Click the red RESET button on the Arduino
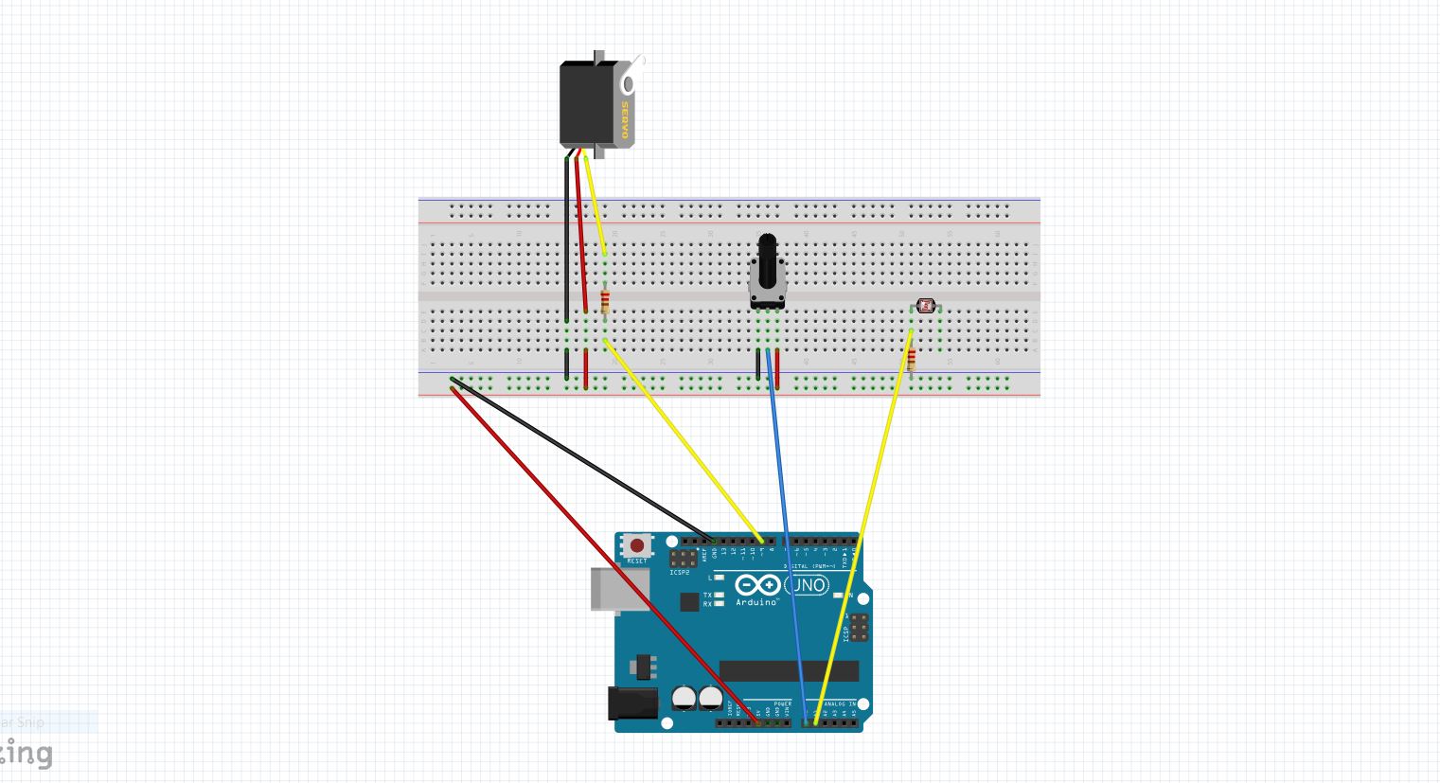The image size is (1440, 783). click(637, 546)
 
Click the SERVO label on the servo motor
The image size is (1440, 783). click(625, 121)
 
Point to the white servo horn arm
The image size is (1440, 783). click(633, 76)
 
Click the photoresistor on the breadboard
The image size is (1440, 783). click(925, 306)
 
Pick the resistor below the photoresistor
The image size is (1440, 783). click(912, 361)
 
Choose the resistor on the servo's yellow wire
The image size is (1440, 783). click(605, 303)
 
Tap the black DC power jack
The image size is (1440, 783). click(631, 703)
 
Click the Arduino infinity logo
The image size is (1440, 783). click(757, 586)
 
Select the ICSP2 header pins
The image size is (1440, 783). click(684, 558)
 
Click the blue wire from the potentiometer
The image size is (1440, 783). click(786, 530)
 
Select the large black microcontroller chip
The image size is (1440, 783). click(789, 671)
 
